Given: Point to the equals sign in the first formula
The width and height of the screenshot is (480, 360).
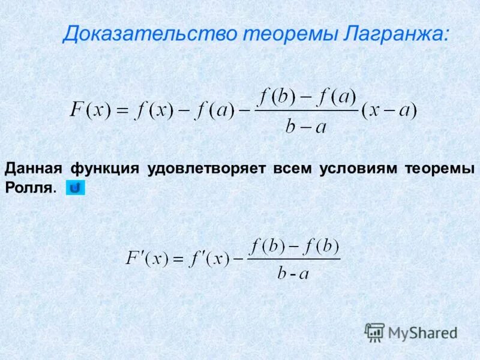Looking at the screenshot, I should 122,111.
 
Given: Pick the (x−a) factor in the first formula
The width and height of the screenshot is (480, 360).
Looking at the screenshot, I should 389,111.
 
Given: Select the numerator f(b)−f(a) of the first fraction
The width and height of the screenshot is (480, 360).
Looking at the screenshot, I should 307,96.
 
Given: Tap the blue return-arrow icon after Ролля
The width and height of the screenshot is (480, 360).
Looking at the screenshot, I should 76,188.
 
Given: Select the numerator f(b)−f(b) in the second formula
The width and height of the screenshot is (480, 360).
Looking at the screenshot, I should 295,245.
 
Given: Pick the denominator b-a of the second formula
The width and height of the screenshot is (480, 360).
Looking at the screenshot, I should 293,274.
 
